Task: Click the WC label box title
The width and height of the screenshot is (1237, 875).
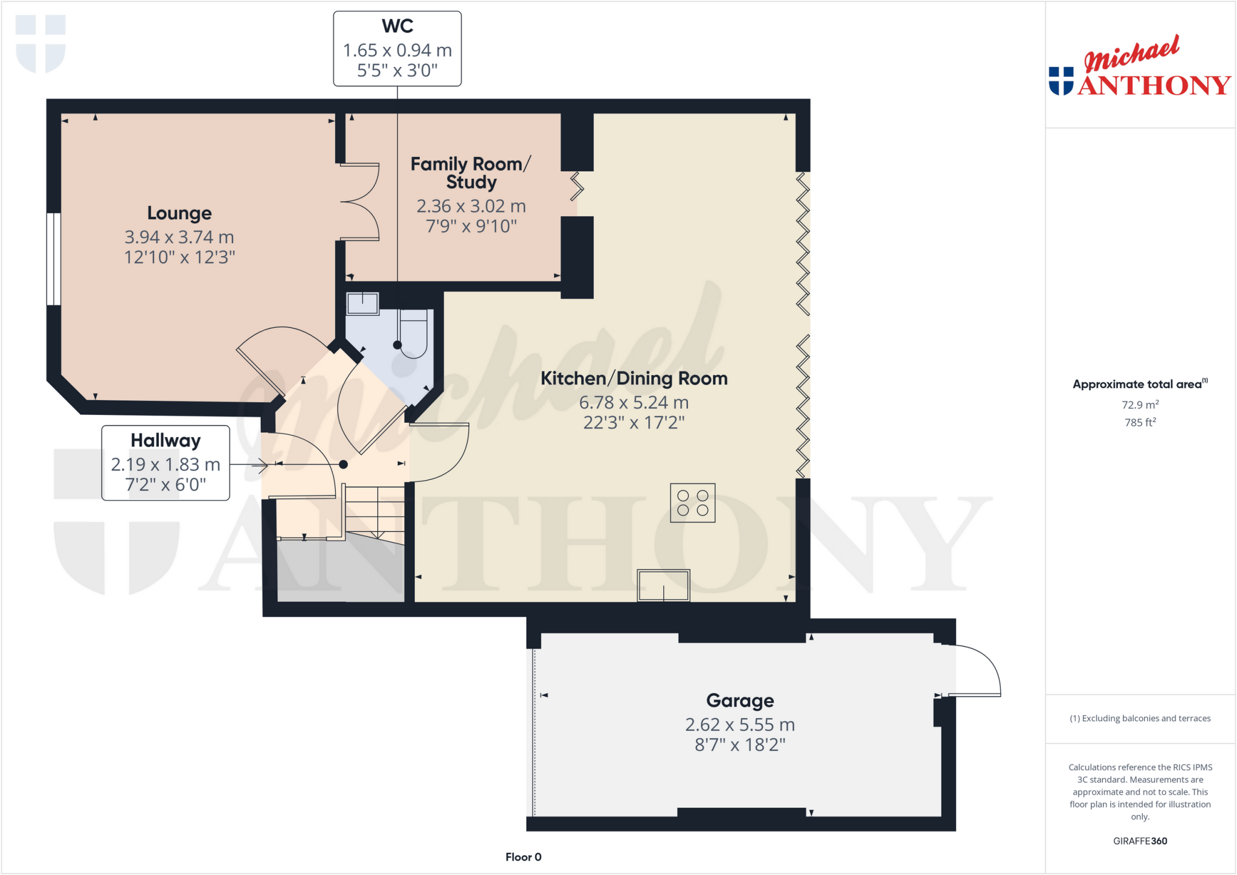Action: pos(397,27)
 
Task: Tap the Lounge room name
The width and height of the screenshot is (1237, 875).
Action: pos(179,213)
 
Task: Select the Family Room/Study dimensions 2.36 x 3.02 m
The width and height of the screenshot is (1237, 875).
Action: pos(471,207)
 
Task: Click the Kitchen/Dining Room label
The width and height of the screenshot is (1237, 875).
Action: pos(634,379)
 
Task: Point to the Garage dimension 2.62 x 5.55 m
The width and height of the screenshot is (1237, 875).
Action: pos(739,725)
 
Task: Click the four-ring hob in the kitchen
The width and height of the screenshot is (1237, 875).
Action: pos(692,503)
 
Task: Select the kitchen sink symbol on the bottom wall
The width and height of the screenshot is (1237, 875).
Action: pos(663,585)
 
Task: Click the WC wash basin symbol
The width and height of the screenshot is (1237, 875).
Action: pos(362,303)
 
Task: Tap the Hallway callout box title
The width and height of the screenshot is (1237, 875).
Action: pos(165,441)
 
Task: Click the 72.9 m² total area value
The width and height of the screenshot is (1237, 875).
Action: pos(1140,405)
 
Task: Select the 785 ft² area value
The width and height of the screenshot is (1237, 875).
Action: pos(1140,422)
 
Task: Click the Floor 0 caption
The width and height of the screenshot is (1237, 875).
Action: pos(523,857)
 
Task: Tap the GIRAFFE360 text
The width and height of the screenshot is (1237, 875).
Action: pos(1140,841)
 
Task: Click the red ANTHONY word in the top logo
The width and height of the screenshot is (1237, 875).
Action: pos(1154,86)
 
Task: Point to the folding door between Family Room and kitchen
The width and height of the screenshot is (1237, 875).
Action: pos(577,187)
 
